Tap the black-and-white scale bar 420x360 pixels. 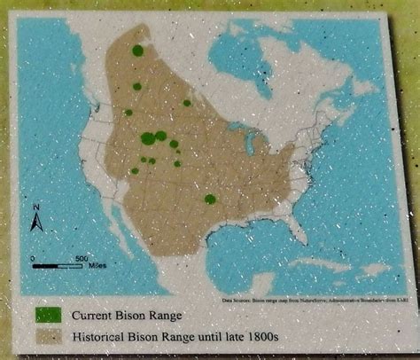click(x=58, y=265)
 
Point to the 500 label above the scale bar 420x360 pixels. click(x=81, y=257)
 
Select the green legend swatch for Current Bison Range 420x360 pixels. click(x=49, y=314)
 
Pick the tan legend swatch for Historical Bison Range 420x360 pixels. click(x=49, y=337)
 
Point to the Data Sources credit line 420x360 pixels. click(x=314, y=300)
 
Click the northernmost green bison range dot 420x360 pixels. click(x=137, y=51)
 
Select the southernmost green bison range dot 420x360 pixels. click(x=210, y=200)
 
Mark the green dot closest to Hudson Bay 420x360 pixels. click(x=187, y=102)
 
